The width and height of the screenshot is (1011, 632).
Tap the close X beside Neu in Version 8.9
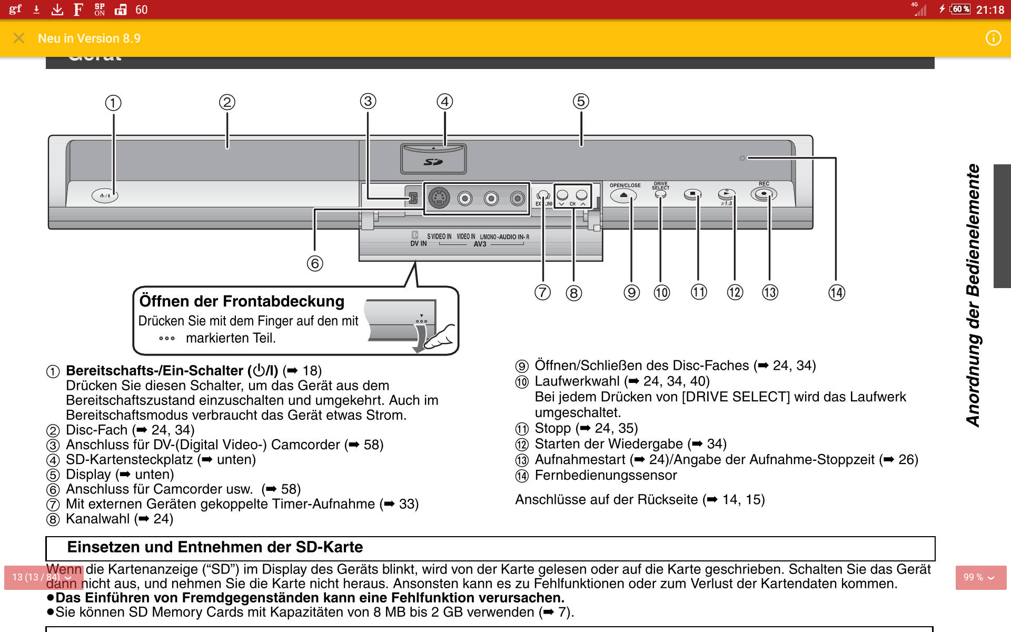tap(19, 38)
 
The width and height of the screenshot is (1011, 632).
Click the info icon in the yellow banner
tap(993, 38)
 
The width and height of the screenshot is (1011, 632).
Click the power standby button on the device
tap(105, 196)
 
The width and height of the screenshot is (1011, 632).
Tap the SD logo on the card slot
tap(433, 162)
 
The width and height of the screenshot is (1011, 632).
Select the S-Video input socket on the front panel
tap(439, 198)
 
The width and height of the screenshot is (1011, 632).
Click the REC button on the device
tap(764, 194)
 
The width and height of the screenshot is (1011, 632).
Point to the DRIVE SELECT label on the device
tap(660, 186)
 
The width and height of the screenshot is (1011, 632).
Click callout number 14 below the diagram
tap(836, 293)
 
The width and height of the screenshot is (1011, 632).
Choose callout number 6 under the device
tap(315, 263)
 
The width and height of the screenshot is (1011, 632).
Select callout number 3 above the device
tap(368, 101)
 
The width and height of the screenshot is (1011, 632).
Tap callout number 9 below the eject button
tap(631, 293)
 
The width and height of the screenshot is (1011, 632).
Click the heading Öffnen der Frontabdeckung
tap(242, 301)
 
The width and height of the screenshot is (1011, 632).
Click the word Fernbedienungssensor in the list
tap(606, 476)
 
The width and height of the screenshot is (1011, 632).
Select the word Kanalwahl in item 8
tap(97, 519)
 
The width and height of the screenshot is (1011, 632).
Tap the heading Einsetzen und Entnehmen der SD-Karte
tap(215, 547)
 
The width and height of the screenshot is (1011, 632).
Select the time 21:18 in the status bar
tap(990, 10)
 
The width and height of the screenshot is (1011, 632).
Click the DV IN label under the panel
tap(418, 243)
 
